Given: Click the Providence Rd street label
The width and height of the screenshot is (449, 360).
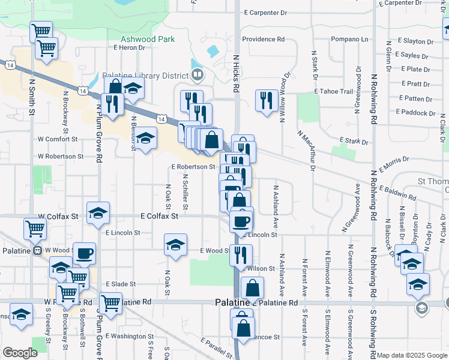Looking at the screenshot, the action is [264, 39].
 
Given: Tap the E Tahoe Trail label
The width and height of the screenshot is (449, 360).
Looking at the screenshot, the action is [333, 91].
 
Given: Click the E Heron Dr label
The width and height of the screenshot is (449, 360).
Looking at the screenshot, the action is [129, 47].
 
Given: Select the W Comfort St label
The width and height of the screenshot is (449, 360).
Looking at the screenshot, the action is [58, 139].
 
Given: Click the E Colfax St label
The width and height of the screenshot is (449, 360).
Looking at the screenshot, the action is [159, 215].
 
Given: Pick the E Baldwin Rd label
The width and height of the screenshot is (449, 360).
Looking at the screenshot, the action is [396, 195].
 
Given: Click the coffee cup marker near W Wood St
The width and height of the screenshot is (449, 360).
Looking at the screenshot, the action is [83, 253].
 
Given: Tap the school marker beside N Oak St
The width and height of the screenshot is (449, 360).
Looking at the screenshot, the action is [175, 245].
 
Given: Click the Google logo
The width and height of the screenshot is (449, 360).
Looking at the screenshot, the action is [20, 353].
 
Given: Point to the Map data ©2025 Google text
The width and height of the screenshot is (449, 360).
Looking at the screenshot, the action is [412, 355].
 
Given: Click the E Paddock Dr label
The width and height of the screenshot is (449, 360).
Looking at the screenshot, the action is [415, 113].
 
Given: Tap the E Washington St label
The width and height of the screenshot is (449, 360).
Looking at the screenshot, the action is [125, 337].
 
